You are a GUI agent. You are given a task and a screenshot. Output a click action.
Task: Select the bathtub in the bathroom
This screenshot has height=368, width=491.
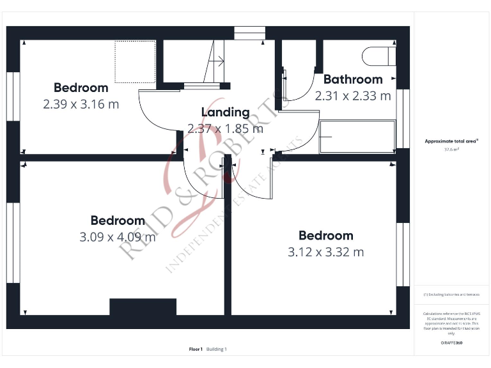tap(357, 136)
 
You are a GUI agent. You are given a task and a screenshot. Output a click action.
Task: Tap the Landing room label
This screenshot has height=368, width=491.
tap(225, 112)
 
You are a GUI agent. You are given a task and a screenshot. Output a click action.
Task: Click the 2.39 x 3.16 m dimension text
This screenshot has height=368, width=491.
tap(81, 104)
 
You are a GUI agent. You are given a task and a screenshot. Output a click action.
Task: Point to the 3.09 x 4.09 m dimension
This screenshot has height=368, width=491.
tap(118, 237)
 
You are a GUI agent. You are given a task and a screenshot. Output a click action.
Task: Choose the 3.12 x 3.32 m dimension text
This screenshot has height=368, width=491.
tap(325, 252)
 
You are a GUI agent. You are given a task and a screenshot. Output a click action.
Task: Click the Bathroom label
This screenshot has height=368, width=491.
tap(353, 80)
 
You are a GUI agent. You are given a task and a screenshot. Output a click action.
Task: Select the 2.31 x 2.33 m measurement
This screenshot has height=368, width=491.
tap(353, 96)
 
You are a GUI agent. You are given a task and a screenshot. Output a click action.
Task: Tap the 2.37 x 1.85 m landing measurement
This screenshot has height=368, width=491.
tap(225, 128)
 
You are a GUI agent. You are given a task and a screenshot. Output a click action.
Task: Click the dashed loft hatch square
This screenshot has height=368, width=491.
tap(136, 61)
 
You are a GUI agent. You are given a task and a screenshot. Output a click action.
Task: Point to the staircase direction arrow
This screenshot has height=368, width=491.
tap(217, 61)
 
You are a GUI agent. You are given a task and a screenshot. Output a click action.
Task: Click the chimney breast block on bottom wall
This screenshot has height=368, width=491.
tap(143, 307)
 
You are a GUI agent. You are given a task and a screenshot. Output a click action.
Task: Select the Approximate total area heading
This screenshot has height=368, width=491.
tap(451, 141)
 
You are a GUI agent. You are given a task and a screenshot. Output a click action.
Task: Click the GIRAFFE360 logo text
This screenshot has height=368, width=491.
tap(451, 343)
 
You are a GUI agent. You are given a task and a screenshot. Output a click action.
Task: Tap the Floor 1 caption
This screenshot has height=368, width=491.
tap(196, 349)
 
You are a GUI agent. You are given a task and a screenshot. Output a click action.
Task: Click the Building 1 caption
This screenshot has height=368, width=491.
tap(216, 349)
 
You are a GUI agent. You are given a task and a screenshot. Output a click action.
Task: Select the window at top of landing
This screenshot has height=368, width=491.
tap(249, 33)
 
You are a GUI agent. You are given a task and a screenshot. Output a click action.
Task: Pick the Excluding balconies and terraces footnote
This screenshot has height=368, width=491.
tap(451, 295)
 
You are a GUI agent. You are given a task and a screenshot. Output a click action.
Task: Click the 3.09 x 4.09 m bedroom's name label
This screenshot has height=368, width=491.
tap(118, 220)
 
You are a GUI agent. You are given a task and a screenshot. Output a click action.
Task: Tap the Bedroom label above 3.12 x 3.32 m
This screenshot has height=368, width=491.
tap(325, 236)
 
